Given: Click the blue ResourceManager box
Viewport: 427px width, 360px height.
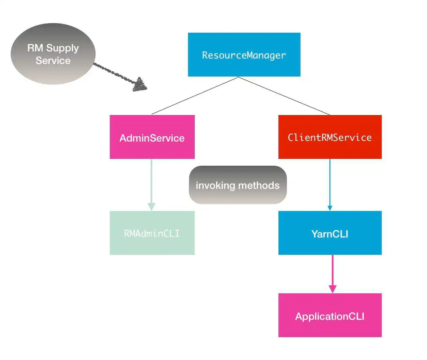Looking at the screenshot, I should [244, 54].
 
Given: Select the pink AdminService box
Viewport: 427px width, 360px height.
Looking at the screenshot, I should [152, 137].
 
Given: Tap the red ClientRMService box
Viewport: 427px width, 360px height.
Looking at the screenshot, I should [330, 137].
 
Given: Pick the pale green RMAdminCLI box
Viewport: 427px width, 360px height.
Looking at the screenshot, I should [152, 233].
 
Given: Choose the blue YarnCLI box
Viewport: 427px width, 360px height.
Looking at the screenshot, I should [330, 233].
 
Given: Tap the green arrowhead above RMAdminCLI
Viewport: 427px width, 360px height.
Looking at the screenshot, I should [152, 207].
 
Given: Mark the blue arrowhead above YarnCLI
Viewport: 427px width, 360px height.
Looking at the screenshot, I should [330, 208].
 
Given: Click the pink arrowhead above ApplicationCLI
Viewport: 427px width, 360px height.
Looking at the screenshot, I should [332, 289].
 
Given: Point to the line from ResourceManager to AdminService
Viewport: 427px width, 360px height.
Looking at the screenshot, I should [194, 96].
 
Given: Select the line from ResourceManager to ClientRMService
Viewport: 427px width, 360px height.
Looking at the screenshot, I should [284, 96].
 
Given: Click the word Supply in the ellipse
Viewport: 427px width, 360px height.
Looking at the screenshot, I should [62, 48].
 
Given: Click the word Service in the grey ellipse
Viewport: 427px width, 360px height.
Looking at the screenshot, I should [53, 61].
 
